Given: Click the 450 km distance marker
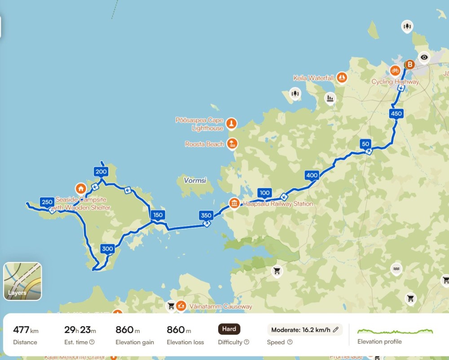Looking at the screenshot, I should point(396,114).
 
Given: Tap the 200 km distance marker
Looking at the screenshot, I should point(101,171).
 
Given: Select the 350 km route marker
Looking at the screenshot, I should point(206,215).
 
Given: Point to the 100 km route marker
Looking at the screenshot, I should point(264,193).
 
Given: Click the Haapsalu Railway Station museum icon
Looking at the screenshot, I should point(234,203).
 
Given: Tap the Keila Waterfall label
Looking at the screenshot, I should point(313,78).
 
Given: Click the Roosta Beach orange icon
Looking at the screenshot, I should point(232,144).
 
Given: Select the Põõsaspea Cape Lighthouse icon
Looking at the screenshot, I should point(231,123).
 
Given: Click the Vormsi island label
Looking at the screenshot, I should point(195,180).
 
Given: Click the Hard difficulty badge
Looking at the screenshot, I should point(229,329).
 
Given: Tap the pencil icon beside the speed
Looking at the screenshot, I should point(335,330).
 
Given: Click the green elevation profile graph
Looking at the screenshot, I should point(395,332).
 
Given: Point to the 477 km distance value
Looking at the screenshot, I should point(26,330).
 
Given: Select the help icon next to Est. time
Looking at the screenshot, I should point(92,342).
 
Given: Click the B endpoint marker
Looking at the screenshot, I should point(409,65).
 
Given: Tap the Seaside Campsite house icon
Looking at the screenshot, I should point(81,188).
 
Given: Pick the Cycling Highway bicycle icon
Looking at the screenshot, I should point(395,70).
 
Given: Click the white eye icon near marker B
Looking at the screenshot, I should point(424,57).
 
